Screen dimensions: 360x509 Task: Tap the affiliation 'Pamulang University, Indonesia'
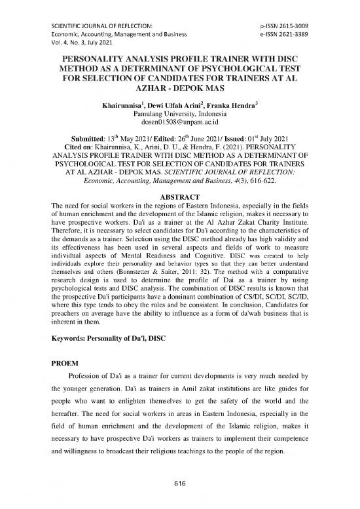tap(179, 113)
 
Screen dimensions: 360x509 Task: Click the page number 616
tap(179, 481)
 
